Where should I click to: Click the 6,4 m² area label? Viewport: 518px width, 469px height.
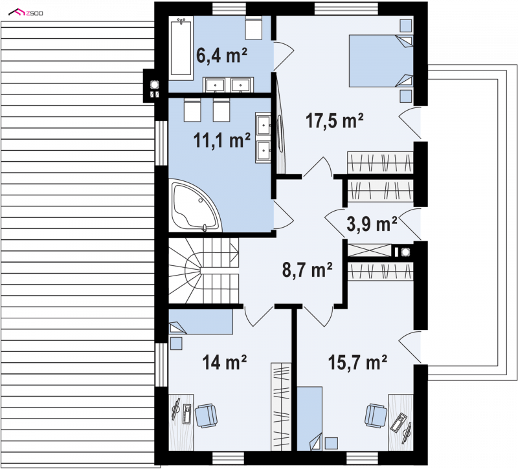point(221,55)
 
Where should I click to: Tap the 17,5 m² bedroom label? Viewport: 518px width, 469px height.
point(334,120)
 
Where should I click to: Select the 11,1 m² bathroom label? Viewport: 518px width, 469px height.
point(221,140)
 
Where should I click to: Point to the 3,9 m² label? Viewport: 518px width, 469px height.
point(372,224)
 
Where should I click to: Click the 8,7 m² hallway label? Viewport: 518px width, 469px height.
point(307,270)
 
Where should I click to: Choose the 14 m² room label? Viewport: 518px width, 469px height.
point(224,362)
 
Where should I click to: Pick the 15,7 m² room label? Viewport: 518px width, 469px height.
point(357,362)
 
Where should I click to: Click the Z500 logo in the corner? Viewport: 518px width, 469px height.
point(26,13)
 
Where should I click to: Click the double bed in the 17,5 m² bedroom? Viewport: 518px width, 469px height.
point(381,61)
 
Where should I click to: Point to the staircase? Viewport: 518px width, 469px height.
point(203,270)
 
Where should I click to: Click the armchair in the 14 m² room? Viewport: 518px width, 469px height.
point(206,415)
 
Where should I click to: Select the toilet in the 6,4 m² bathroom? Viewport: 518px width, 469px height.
point(254,28)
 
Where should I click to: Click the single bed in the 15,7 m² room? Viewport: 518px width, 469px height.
point(310,419)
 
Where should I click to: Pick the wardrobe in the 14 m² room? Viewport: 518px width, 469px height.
point(281,407)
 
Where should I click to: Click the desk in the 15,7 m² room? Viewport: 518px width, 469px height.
point(401,422)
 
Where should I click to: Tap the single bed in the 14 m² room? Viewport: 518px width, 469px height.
point(201,322)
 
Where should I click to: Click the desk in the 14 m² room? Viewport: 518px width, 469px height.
point(181,422)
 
